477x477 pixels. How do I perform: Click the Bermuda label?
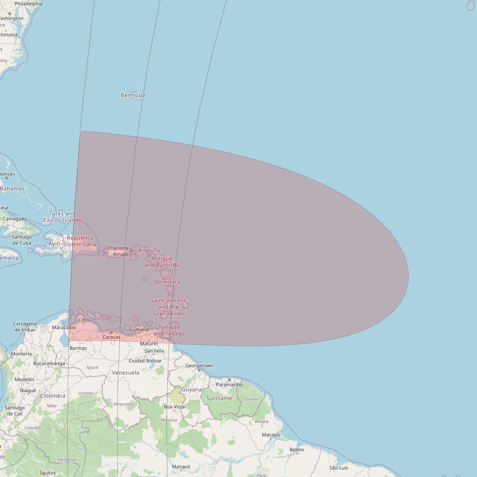pyautogui.click(x=133, y=95)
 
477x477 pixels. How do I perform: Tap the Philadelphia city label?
pyautogui.click(x=28, y=4)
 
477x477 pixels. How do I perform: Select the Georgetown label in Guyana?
pyautogui.click(x=199, y=366)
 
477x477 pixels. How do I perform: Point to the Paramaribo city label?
pyautogui.click(x=229, y=385)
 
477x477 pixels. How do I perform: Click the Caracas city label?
pyautogui.click(x=111, y=337)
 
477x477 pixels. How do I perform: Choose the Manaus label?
pyautogui.click(x=181, y=467)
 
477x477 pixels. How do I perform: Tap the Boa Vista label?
pyautogui.click(x=174, y=407)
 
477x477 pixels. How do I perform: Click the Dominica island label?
pyautogui.click(x=167, y=282)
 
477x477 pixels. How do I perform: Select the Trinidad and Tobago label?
pyautogui.click(x=169, y=330)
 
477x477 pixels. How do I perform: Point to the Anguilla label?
pyautogui.click(x=149, y=250)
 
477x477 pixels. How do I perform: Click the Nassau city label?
pyautogui.click(x=7, y=174)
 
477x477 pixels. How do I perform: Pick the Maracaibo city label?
pyautogui.click(x=64, y=328)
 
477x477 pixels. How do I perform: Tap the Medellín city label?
pyautogui.click(x=24, y=379)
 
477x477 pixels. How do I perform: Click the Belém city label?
pyautogui.click(x=297, y=450)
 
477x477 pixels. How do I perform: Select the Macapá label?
pyautogui.click(x=271, y=435)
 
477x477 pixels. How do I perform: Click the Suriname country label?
pyautogui.click(x=219, y=398)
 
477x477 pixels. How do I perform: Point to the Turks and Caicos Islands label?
pyautogui.click(x=62, y=217)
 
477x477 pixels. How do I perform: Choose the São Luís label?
pyautogui.click(x=339, y=468)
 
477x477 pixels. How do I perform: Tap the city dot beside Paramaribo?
pyautogui.click(x=229, y=380)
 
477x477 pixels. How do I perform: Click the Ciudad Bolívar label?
pyautogui.click(x=145, y=360)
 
